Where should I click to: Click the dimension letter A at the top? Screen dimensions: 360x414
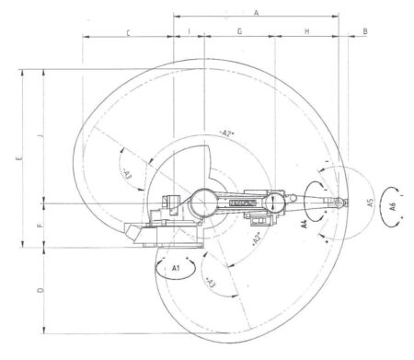tap(257, 11)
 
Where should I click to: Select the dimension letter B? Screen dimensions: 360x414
tap(365, 31)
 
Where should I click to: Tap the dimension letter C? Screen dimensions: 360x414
tap(127, 32)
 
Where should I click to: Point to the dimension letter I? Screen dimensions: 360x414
tap(189, 31)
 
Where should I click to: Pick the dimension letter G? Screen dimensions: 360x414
tap(239, 31)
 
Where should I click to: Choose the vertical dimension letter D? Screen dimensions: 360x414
tap(40, 290)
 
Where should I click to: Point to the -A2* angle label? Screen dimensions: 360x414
tap(229, 134)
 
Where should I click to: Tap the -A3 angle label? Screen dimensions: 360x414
tap(125, 172)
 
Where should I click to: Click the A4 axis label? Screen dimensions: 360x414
tap(305, 222)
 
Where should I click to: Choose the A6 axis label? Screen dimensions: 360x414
tap(394, 205)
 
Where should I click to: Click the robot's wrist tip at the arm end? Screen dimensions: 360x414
tap(346, 202)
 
